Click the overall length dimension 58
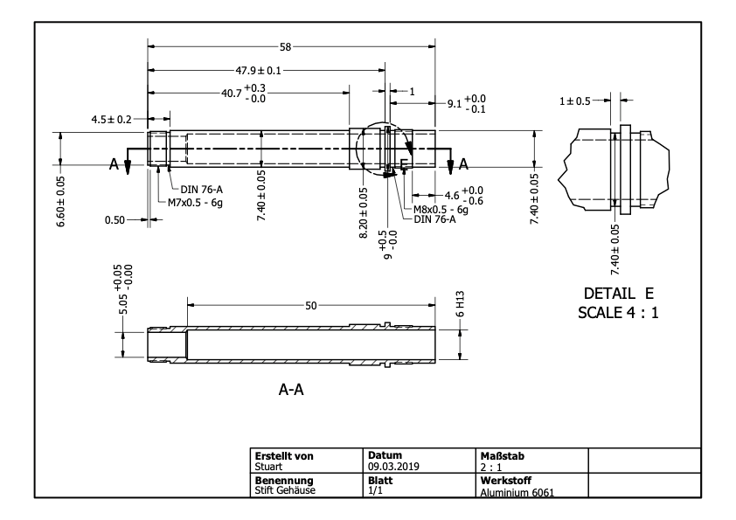[x=285, y=47]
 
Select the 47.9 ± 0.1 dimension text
[x=258, y=71]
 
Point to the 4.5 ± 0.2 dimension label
[x=111, y=120]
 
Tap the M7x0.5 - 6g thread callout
[x=195, y=203]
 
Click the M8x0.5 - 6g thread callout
[x=441, y=210]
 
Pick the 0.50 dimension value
[x=115, y=220]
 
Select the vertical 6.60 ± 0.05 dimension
[x=61, y=201]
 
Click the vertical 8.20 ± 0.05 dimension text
[x=364, y=213]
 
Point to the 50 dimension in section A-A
[x=311, y=306]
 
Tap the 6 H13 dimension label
[x=460, y=304]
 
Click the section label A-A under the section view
[x=291, y=390]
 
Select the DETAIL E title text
[x=619, y=294]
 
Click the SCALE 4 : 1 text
[x=618, y=313]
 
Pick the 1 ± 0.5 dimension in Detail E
[x=575, y=101]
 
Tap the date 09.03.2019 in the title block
[x=393, y=467]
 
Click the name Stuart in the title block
[x=268, y=467]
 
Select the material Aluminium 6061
[x=517, y=492]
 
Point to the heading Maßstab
[x=503, y=455]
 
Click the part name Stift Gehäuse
[x=285, y=490]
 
